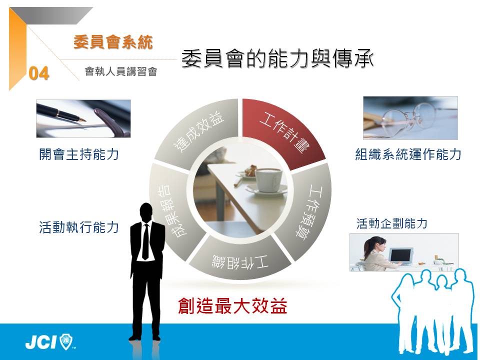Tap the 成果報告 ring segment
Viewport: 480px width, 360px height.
(x=172, y=211)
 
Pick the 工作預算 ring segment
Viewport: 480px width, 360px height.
(x=310, y=211)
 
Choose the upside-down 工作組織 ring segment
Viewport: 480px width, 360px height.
(x=240, y=260)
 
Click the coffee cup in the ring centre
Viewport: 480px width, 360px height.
(x=268, y=180)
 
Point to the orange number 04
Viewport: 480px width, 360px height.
(x=39, y=73)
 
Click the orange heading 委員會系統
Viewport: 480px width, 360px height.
(x=113, y=42)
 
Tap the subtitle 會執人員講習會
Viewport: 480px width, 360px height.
(x=121, y=71)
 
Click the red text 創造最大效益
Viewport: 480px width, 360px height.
(x=232, y=305)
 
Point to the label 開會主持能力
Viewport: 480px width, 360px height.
(x=79, y=154)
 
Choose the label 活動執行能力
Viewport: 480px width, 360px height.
(x=79, y=227)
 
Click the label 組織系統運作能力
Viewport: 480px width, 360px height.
(x=408, y=154)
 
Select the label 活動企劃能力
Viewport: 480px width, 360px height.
(x=392, y=223)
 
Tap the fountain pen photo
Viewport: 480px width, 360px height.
(x=83, y=118)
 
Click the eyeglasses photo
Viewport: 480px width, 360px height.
(x=410, y=118)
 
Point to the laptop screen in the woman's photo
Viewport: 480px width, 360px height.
(x=400, y=254)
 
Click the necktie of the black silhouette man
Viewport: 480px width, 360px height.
(x=145, y=242)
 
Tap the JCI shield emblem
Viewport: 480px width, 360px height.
(x=66, y=341)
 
